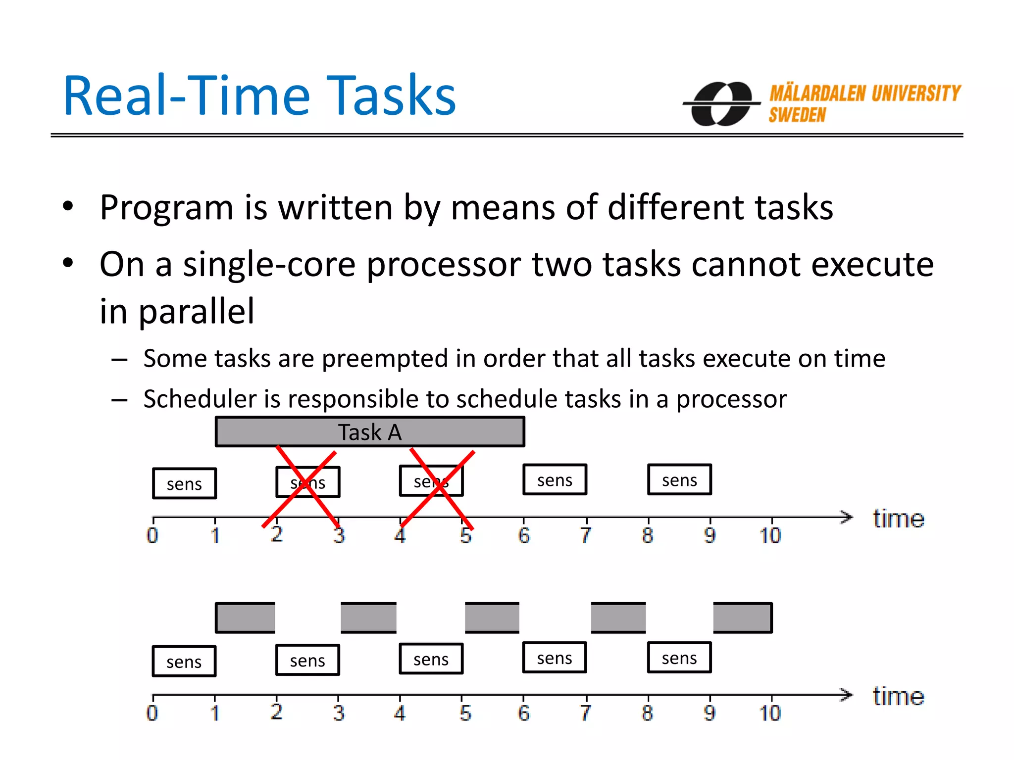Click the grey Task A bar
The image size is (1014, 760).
coord(369,432)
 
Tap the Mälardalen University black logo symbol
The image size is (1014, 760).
coord(722,103)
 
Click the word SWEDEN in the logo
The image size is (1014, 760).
coord(797,115)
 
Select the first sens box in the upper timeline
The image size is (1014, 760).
coord(184,483)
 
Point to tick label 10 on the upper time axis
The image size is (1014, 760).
coord(770,536)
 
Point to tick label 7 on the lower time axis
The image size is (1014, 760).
coord(585,713)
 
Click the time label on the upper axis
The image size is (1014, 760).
coord(898,519)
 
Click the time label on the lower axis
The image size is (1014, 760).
coord(898,697)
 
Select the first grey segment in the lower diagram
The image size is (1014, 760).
coord(245,617)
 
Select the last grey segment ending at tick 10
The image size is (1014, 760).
coord(742,617)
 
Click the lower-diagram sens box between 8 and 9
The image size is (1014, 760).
coord(679,658)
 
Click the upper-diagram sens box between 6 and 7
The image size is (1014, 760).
coord(555,480)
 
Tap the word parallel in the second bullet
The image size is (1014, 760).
coord(196,311)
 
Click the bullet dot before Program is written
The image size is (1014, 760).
coord(68,206)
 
